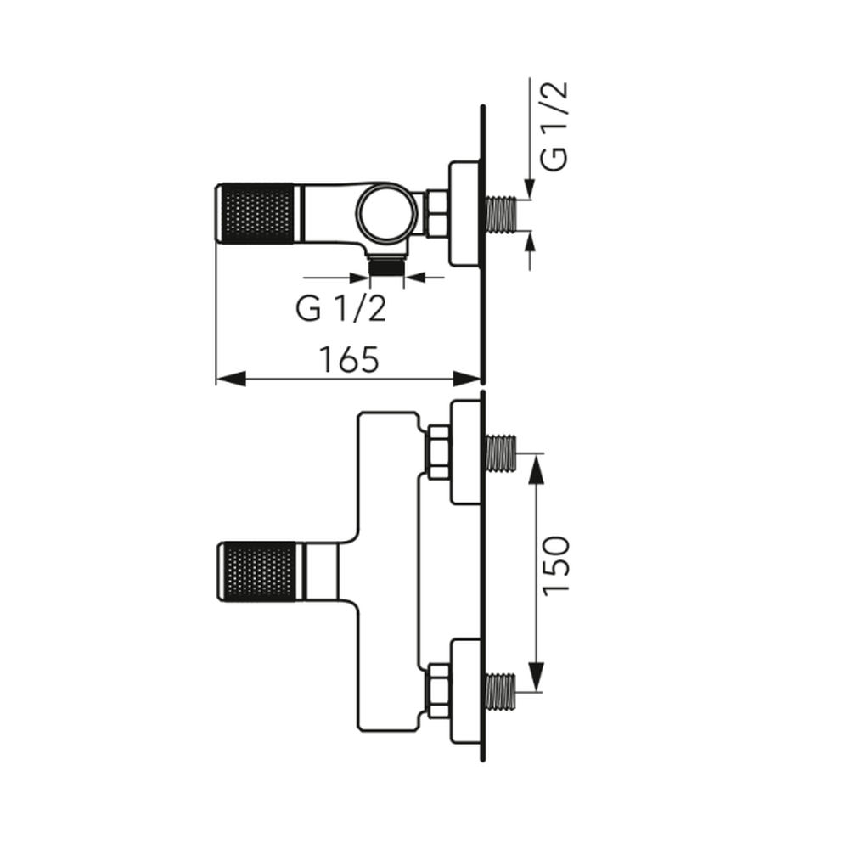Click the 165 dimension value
[x=349, y=359]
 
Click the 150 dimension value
[x=556, y=565]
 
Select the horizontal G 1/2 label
[x=341, y=309]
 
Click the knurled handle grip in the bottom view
[x=258, y=571]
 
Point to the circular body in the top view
[x=386, y=213]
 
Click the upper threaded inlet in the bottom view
[x=501, y=453]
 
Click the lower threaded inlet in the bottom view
[x=501, y=691]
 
